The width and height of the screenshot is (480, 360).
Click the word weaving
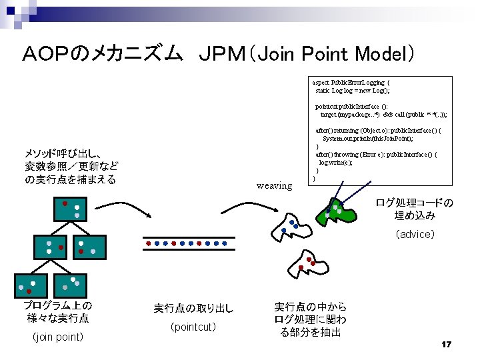[274, 185]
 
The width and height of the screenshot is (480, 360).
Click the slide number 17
[447, 344]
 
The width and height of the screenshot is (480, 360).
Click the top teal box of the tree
[71, 210]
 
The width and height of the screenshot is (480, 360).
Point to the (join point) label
[58, 337]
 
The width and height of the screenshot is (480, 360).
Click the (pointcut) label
[193, 327]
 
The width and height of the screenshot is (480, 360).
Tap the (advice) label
[415, 234]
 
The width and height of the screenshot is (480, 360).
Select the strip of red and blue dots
[189, 243]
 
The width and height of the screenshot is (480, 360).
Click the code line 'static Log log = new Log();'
[353, 90]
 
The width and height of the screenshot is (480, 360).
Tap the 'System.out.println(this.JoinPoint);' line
[367, 138]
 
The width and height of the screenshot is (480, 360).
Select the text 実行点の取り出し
[193, 308]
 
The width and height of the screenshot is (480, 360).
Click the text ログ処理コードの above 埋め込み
[414, 203]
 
